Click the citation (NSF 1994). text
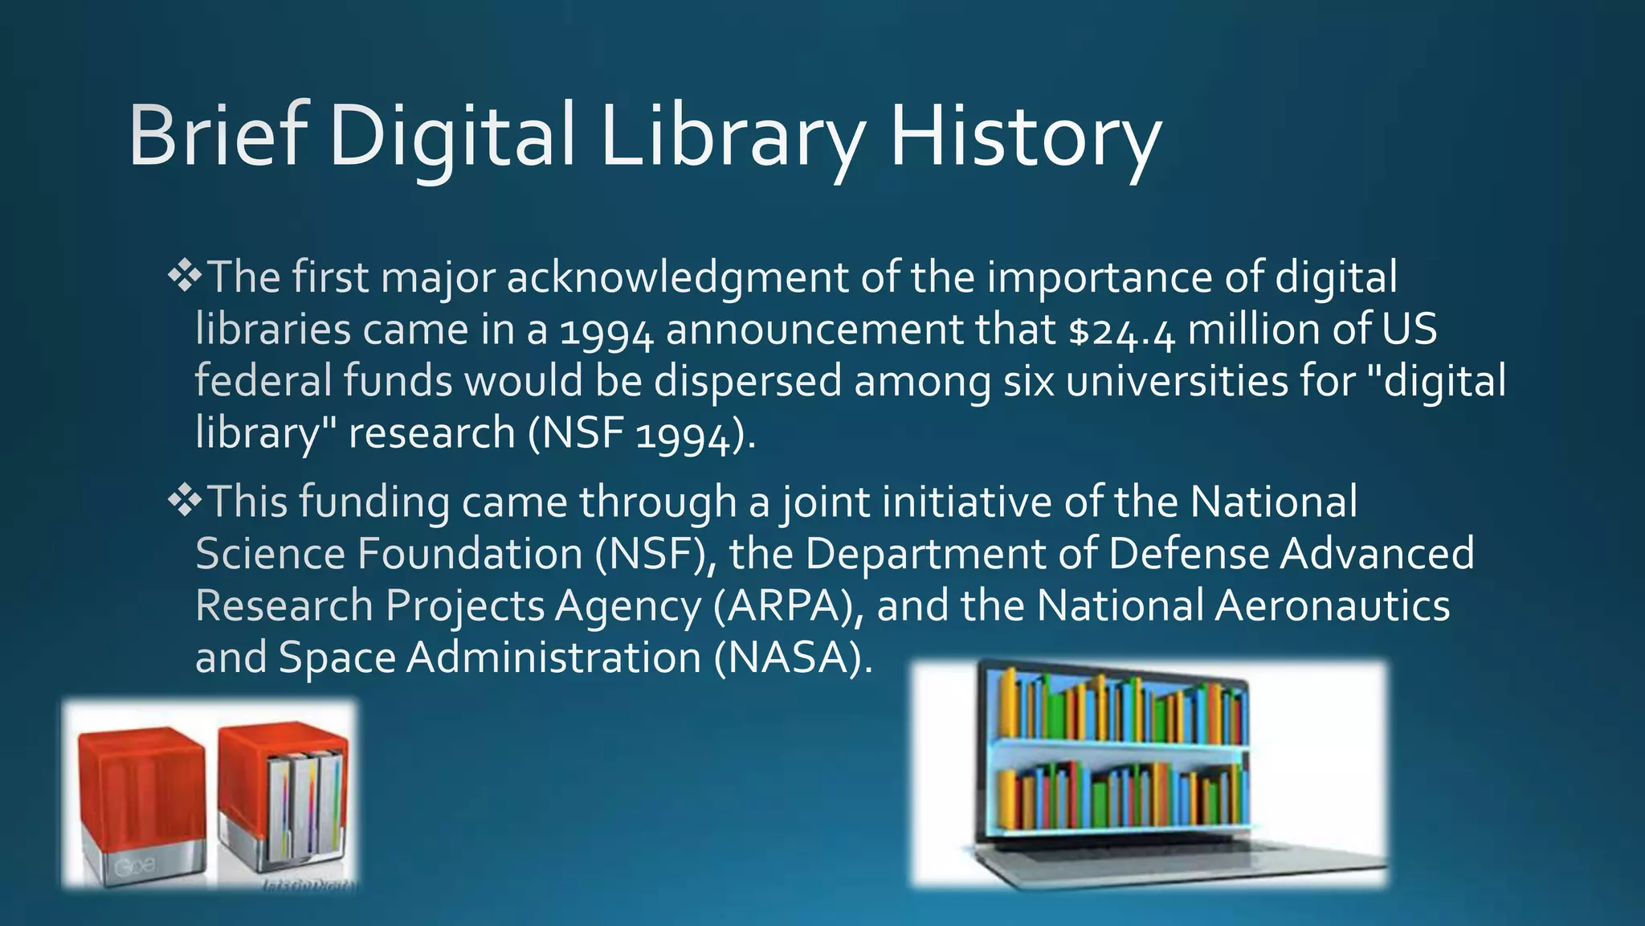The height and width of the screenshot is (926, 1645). (x=642, y=434)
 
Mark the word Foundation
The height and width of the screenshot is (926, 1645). (x=470, y=554)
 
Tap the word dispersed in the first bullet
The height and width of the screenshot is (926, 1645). (x=748, y=381)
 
